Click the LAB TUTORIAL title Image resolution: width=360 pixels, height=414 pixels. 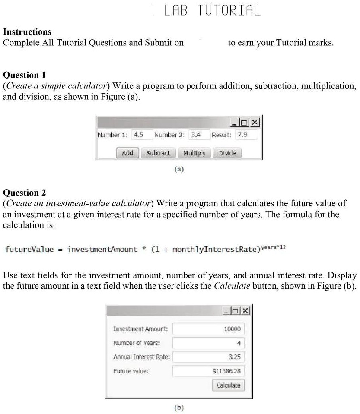[x=212, y=10]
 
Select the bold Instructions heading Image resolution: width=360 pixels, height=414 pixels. [x=27, y=32]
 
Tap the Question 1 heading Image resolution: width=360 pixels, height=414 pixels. [x=24, y=75]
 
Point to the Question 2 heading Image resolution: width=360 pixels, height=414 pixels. [x=24, y=193]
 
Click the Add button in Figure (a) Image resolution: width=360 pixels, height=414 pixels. [x=127, y=153]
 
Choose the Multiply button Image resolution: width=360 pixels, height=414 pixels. [x=194, y=153]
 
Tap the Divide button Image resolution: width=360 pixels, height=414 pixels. [x=227, y=153]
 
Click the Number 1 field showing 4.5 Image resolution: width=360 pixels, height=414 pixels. [x=142, y=135]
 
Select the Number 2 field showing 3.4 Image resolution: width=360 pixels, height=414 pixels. [x=199, y=135]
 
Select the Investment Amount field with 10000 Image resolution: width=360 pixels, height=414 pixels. [x=208, y=329]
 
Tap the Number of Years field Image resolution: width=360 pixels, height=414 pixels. [x=208, y=343]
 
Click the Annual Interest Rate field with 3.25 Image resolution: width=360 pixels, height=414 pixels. [x=208, y=357]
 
